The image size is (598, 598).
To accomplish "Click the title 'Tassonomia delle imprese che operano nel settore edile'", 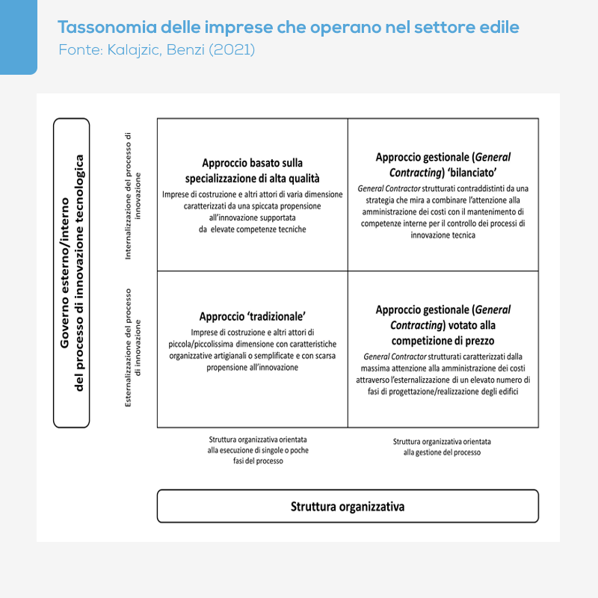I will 289,28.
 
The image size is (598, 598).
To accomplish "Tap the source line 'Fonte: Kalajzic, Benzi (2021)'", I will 156,50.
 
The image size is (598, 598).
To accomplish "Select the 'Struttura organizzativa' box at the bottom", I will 348,506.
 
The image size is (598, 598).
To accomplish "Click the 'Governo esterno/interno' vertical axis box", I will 72,272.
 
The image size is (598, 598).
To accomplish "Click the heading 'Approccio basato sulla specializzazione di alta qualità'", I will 252,170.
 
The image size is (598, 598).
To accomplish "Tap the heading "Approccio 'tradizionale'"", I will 252,316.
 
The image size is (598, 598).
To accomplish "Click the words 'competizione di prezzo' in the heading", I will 443,341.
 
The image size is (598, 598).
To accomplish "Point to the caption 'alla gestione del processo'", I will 442,452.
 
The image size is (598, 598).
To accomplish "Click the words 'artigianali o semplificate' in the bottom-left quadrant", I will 250,356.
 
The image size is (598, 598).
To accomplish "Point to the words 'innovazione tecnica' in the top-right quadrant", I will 443,235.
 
